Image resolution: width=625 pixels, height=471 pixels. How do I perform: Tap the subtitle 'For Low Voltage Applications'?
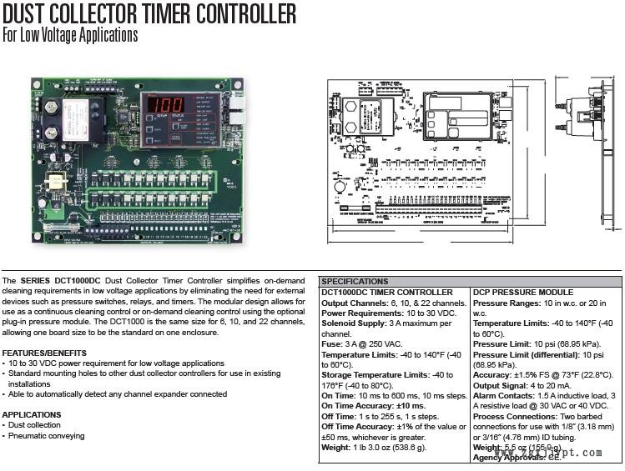click(x=70, y=35)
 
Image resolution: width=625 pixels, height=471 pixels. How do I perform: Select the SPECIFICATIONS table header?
click(x=355, y=282)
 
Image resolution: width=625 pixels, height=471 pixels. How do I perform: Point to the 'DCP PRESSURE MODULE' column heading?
click(x=512, y=293)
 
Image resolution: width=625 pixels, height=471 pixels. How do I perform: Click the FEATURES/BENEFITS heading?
click(x=44, y=353)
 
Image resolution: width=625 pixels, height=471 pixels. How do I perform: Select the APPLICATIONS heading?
click(x=32, y=414)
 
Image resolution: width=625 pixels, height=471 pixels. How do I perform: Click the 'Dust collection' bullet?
click(x=35, y=425)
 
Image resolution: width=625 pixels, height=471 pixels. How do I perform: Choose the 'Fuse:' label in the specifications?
click(x=333, y=344)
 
